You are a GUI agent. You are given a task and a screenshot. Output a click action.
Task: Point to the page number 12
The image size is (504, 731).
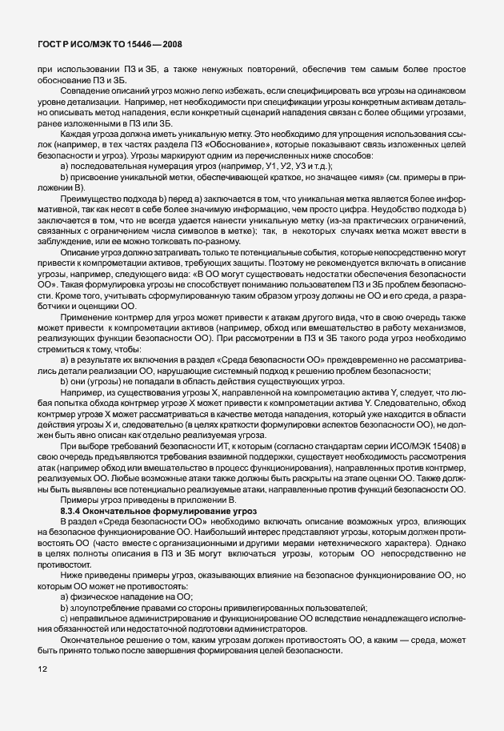click(x=42, y=669)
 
